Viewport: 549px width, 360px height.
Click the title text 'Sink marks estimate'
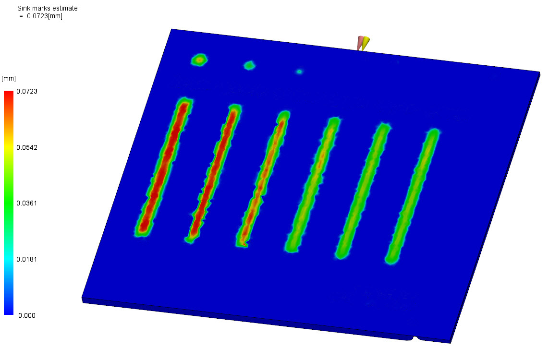(47, 8)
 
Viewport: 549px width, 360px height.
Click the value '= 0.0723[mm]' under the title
(41, 16)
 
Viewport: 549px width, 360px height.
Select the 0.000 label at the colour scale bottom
(26, 315)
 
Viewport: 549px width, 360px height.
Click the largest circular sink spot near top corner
(199, 60)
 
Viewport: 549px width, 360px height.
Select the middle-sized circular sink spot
(249, 65)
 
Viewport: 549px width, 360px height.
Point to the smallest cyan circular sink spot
(299, 72)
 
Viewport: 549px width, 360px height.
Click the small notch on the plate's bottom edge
(416, 338)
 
